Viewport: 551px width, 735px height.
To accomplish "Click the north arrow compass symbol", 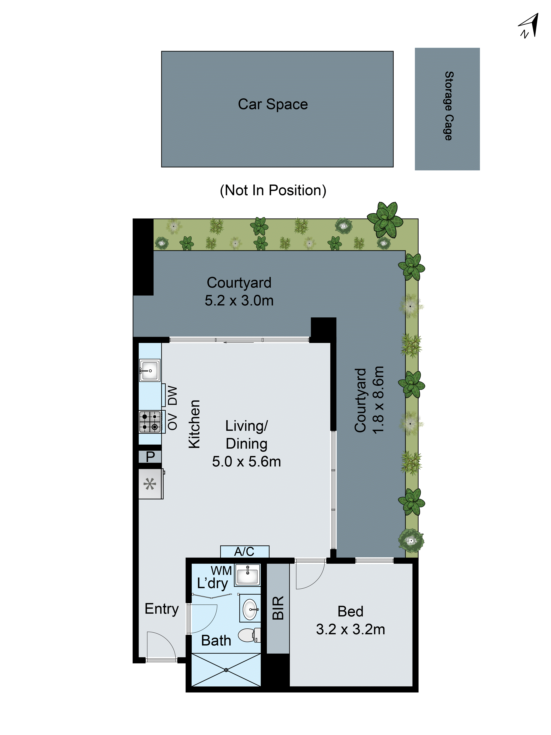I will [529, 26].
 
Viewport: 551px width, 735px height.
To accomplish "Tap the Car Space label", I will [273, 104].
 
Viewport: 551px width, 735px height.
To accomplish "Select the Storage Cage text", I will [448, 106].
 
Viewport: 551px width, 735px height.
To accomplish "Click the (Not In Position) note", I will [273, 190].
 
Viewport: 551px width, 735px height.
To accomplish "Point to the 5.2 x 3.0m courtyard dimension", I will [239, 300].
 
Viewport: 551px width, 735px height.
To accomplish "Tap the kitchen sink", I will [150, 370].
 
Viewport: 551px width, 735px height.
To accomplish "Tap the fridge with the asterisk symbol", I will [150, 484].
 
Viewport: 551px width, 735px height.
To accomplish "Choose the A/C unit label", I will [244, 552].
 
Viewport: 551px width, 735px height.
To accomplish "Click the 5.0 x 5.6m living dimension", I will [246, 462].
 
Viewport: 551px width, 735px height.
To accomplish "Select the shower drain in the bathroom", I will [226, 670].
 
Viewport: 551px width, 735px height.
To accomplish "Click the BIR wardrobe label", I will [278, 608].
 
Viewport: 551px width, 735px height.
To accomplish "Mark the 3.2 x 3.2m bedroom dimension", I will [350, 629].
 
